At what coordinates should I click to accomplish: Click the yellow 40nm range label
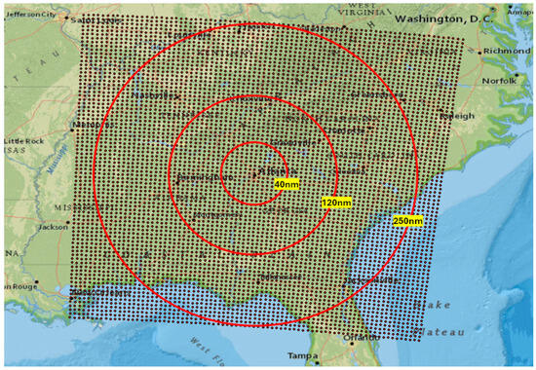point(286,184)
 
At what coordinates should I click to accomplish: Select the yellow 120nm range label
point(335,203)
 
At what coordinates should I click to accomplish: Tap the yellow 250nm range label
point(408,221)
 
